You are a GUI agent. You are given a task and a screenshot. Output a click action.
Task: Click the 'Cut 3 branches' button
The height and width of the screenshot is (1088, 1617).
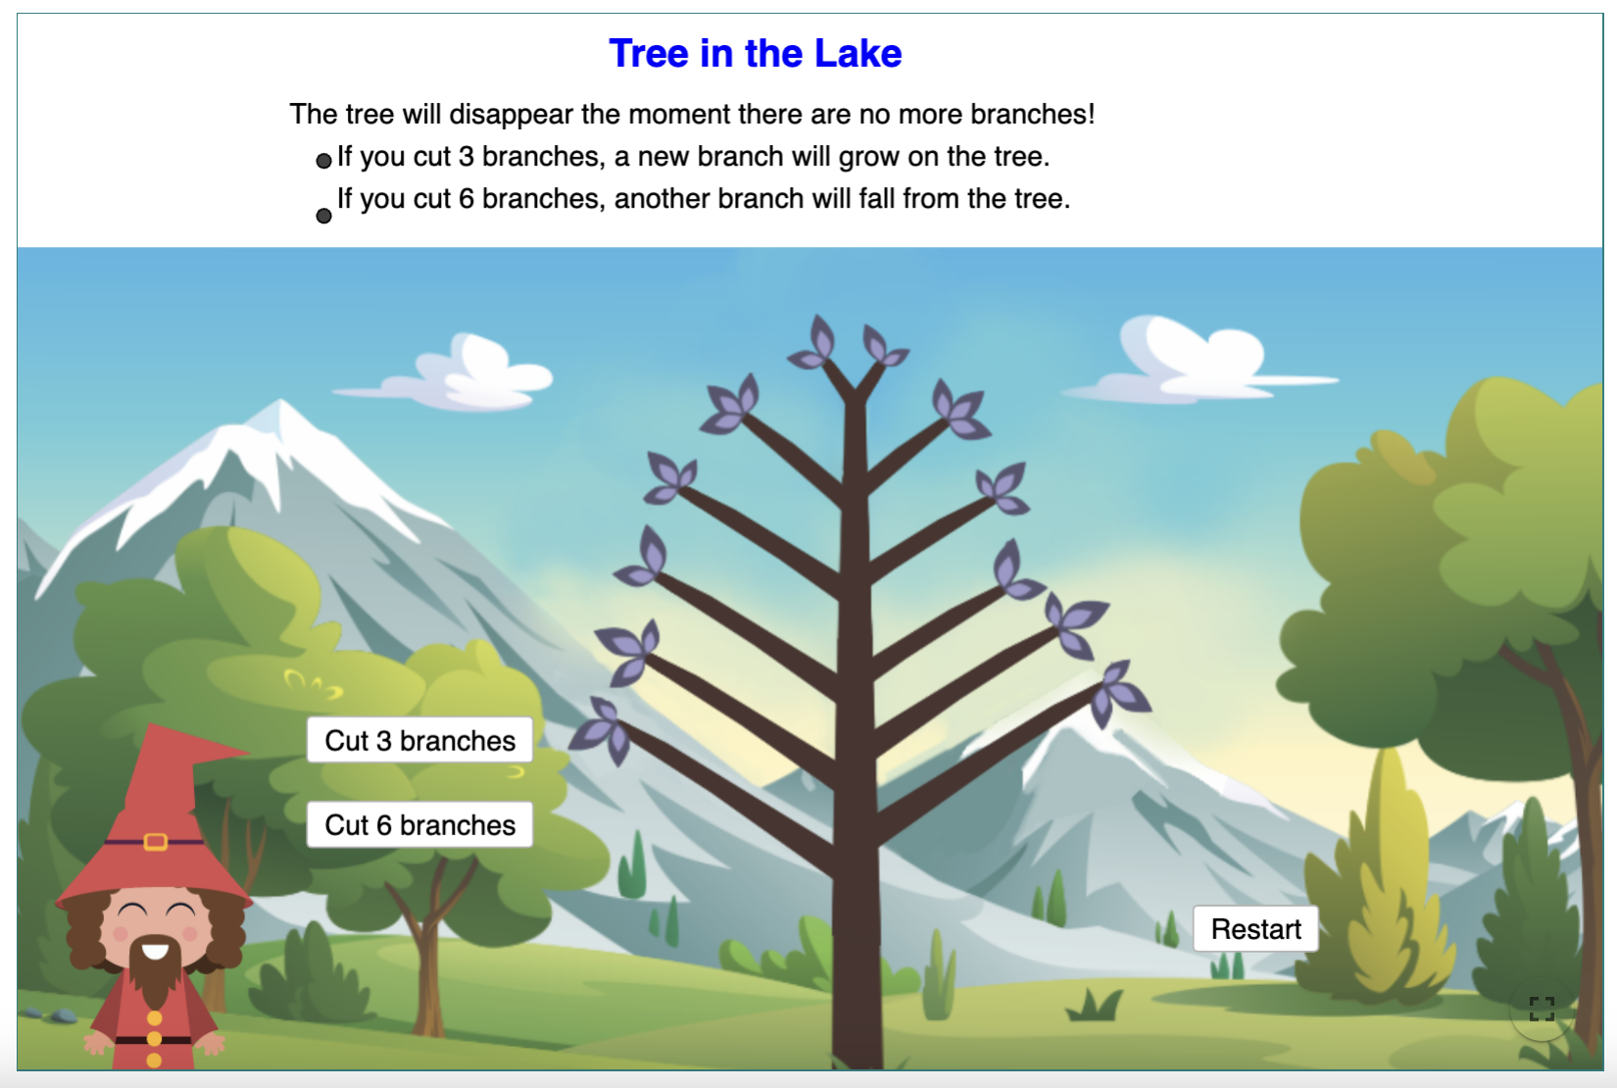coord(419,740)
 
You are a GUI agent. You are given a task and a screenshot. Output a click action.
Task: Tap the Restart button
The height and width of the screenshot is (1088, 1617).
coord(1255,928)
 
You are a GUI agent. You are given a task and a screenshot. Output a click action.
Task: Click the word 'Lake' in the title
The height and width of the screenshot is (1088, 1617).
coord(857,53)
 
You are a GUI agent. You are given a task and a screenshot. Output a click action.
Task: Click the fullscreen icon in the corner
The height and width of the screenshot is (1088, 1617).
coord(1542,1009)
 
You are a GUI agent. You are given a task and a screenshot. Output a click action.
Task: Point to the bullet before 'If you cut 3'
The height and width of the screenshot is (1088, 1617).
coord(323,161)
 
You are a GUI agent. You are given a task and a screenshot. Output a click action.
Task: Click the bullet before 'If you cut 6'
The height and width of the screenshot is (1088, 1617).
coord(323,216)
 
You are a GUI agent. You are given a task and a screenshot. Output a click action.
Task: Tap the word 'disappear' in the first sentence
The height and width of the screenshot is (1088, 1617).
coord(511,115)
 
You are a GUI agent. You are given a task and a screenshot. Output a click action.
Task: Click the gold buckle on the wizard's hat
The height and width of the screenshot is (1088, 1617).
coord(156,841)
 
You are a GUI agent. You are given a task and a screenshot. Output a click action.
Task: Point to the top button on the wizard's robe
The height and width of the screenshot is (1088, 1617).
coord(154,1018)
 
